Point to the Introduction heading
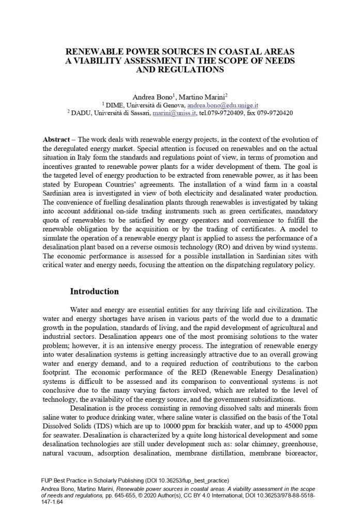pyautogui.click(x=95, y=292)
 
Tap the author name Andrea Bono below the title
pyautogui.click(x=151, y=97)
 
